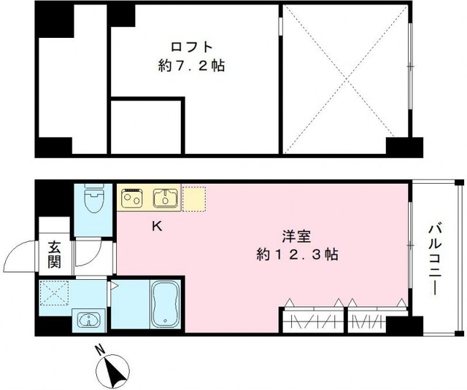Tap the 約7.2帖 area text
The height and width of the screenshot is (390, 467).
coord(190,66)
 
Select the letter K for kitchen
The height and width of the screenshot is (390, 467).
coord(156,226)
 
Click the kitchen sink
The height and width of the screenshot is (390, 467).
coord(165,197)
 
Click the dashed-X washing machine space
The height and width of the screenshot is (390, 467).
coord(53,294)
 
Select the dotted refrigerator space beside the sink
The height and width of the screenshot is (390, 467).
coord(195,197)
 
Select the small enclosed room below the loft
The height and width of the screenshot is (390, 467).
coord(144,128)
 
